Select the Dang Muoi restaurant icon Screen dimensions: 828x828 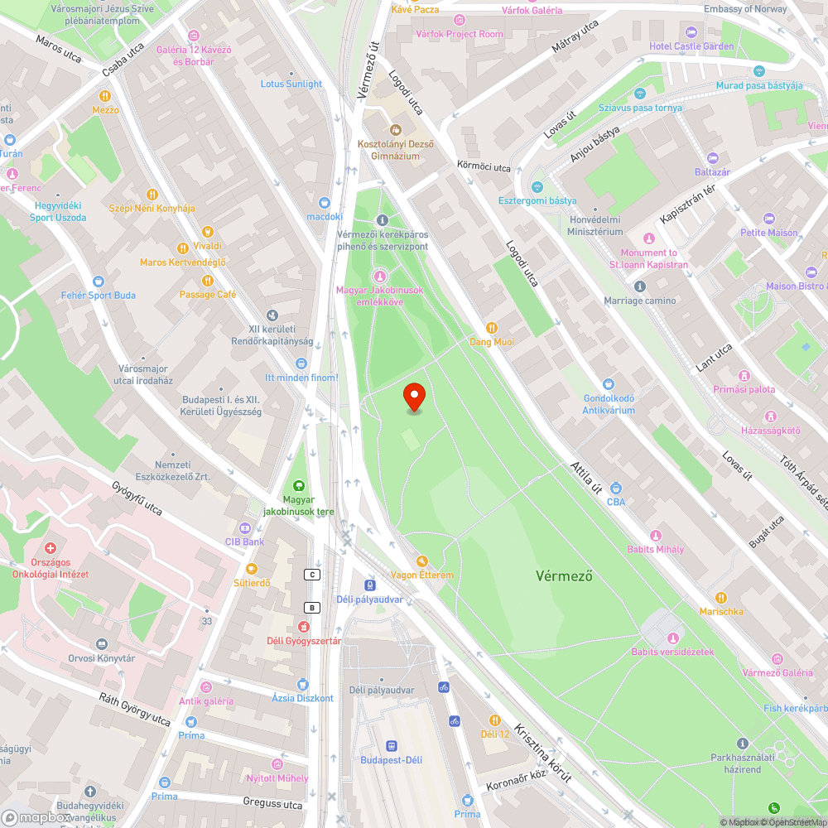[492, 327]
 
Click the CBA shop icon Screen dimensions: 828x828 [616, 489]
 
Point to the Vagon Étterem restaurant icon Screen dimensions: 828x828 [421, 561]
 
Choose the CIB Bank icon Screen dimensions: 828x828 [244, 528]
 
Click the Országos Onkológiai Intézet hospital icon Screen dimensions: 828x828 [51, 548]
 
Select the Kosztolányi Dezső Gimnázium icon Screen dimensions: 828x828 [395, 130]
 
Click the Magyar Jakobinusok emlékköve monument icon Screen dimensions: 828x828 [380, 276]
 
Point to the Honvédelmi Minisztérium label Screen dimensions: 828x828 [595, 224]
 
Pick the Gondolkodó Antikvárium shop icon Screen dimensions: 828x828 [609, 384]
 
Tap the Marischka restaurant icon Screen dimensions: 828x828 [721, 597]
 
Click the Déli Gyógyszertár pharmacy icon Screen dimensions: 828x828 [304, 626]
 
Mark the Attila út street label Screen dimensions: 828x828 [586, 478]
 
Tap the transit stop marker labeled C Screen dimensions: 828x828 [312, 575]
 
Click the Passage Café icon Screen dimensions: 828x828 [208, 280]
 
